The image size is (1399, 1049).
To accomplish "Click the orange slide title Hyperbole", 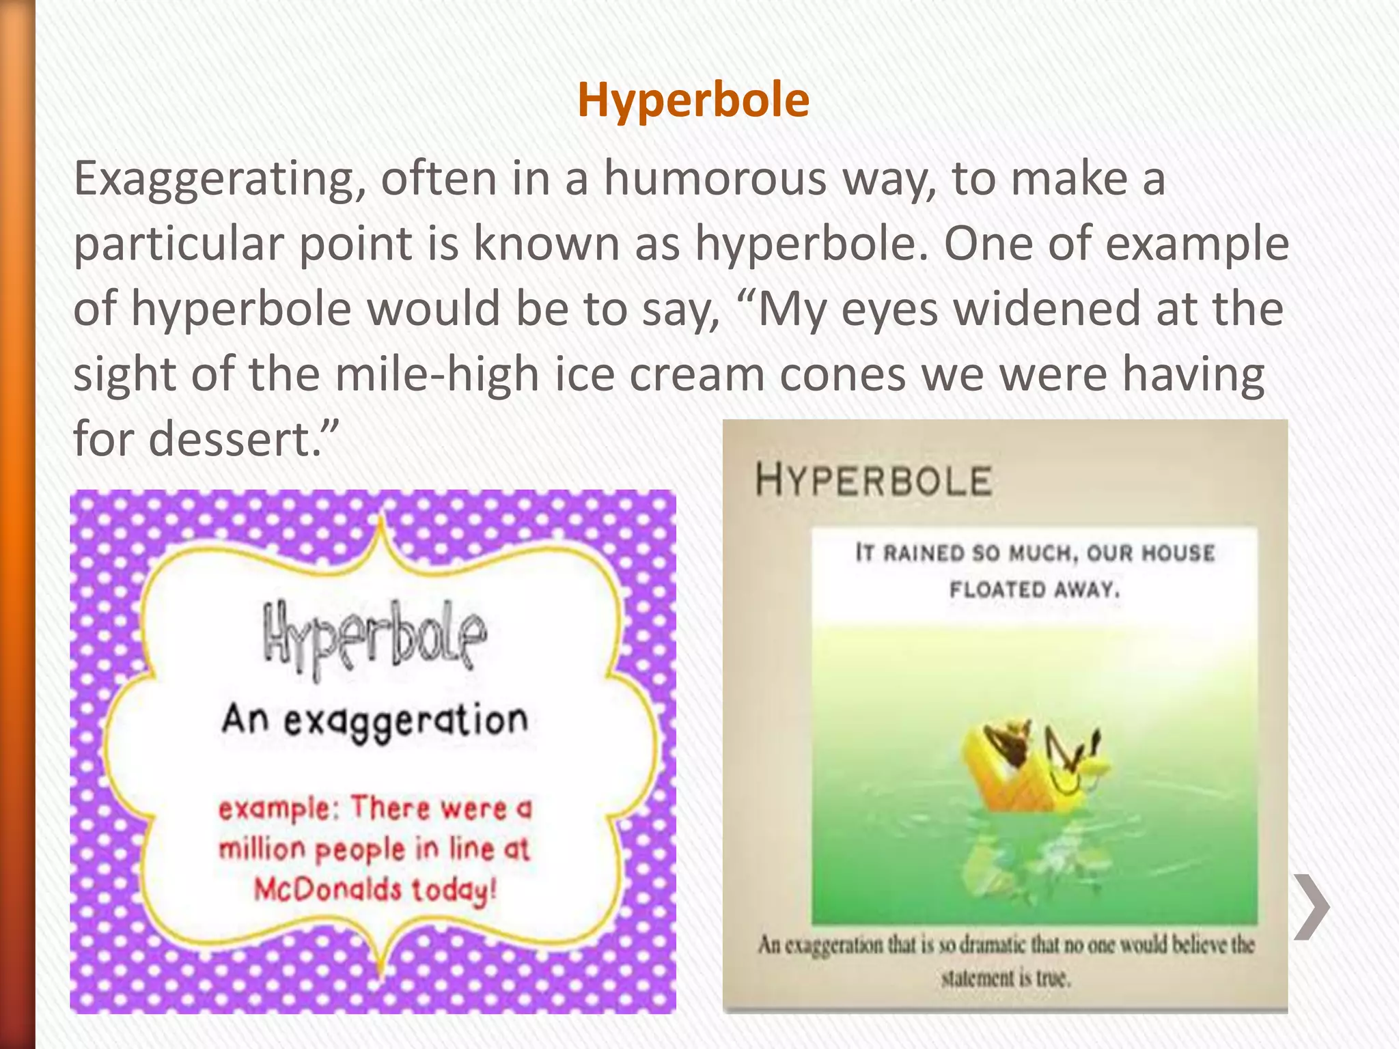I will [693, 100].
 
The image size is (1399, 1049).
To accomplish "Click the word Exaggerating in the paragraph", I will [219, 180].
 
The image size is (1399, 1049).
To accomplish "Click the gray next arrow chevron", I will [1312, 906].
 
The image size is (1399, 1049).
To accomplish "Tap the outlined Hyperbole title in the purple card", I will [374, 638].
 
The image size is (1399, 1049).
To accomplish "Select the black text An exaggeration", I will [374, 721].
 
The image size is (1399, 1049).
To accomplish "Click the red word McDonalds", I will [328, 889].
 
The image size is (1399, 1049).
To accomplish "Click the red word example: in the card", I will [279, 809].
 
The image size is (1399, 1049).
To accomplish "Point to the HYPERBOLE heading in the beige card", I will [873, 480].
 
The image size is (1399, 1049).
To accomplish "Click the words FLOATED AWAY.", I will [1034, 589].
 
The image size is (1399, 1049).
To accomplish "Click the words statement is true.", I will [1006, 978].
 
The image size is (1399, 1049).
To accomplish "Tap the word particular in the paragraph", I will [178, 244].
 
